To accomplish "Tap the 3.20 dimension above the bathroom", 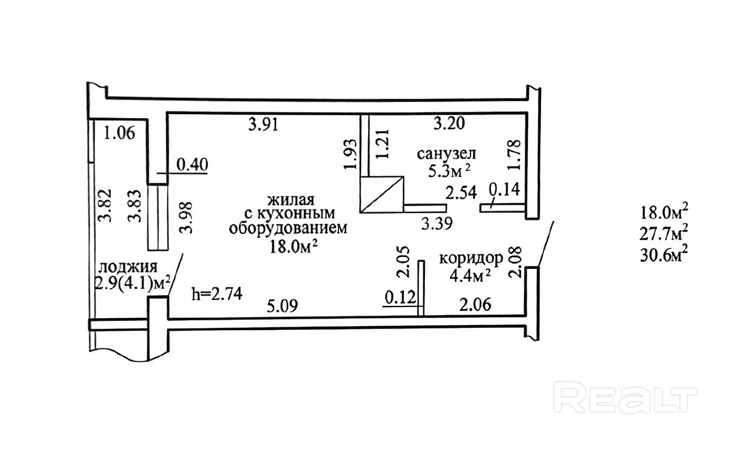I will (x=449, y=124).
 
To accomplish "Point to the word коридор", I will (x=470, y=258).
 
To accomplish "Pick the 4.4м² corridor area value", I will (x=470, y=276).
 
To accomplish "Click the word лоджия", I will (x=128, y=266).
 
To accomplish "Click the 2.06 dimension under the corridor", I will (x=475, y=306).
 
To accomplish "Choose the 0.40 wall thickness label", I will (x=193, y=165).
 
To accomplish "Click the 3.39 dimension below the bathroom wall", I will (x=437, y=222).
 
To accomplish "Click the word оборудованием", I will (x=286, y=228).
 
